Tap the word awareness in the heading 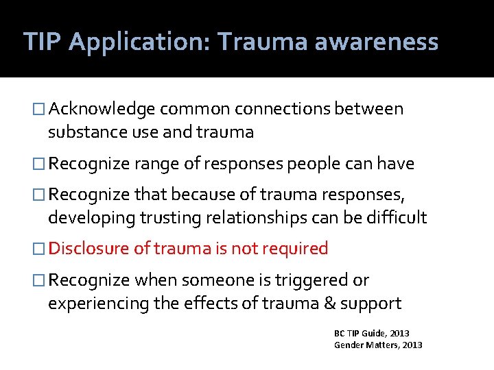tap(376, 42)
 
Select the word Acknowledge tap(104, 109)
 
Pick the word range tap(156, 164)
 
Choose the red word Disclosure tap(89, 249)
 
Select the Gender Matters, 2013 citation tap(378, 345)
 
